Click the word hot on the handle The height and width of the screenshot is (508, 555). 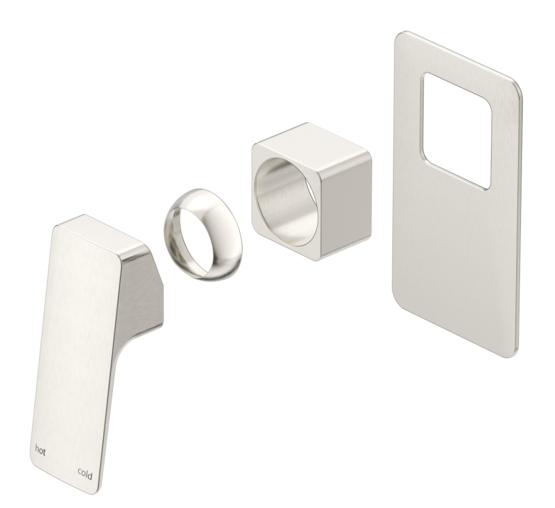(x=40, y=449)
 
